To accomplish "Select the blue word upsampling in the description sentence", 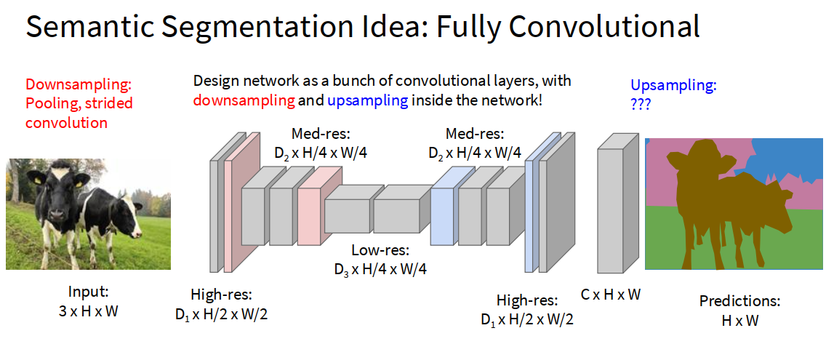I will (x=367, y=100).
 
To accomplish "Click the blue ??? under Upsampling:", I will (x=641, y=105).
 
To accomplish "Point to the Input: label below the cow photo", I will (x=88, y=292).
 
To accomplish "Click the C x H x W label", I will (x=611, y=295).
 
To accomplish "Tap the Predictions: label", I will (x=739, y=301).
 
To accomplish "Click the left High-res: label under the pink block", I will (x=221, y=295).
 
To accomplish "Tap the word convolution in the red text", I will (x=66, y=122).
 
